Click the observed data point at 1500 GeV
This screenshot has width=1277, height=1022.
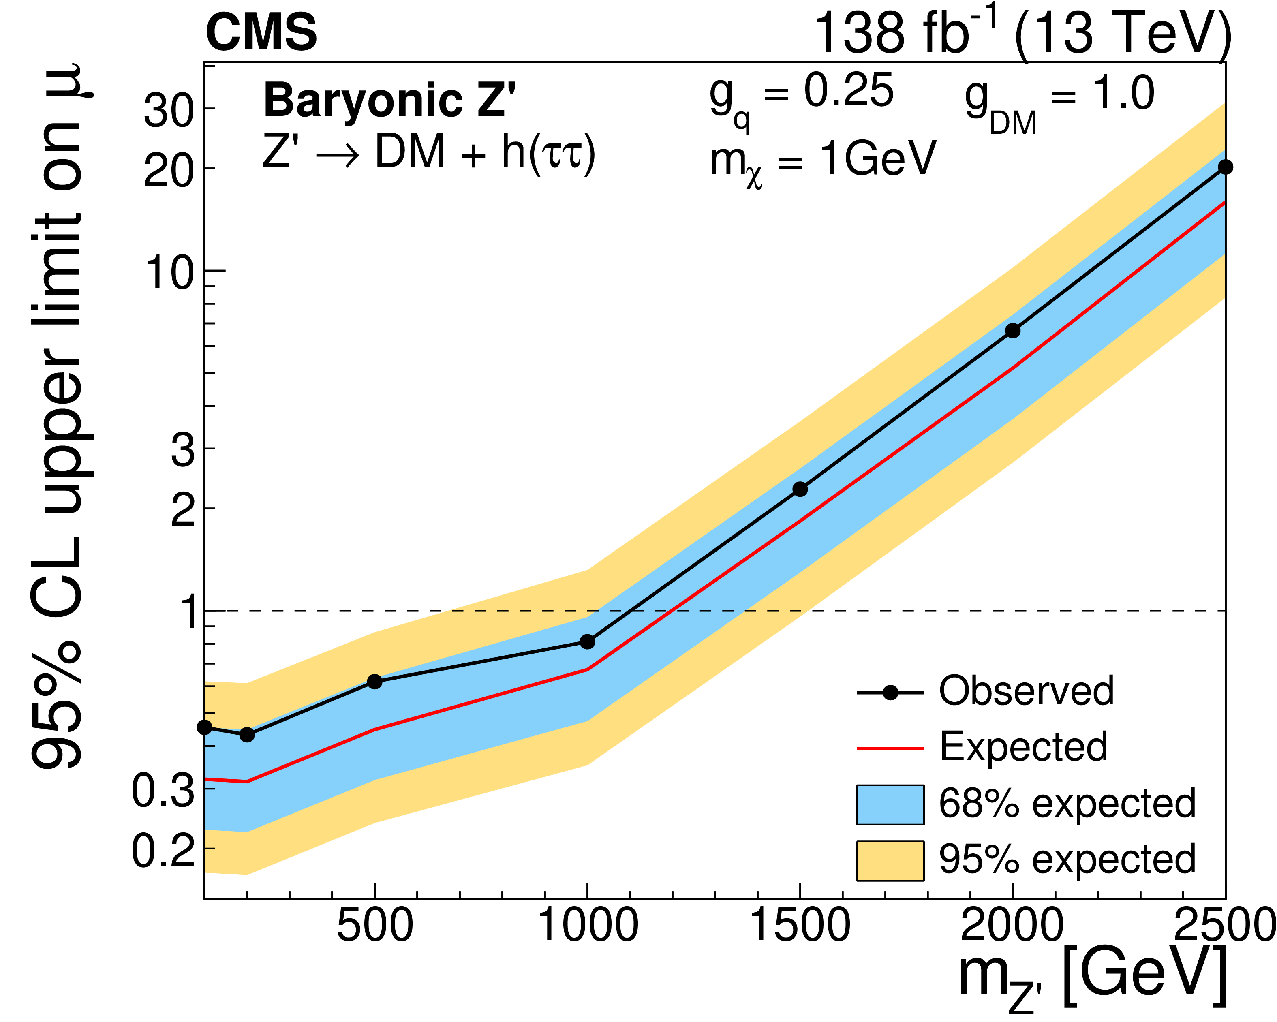point(800,489)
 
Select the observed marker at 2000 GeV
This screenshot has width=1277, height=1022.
point(1013,330)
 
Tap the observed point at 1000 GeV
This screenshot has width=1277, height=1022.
point(587,642)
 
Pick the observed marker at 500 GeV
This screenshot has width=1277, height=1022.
point(374,682)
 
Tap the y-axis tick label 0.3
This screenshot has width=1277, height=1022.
point(163,791)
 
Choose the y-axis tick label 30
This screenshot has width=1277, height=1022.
point(169,111)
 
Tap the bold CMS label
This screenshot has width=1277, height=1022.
point(261,32)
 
